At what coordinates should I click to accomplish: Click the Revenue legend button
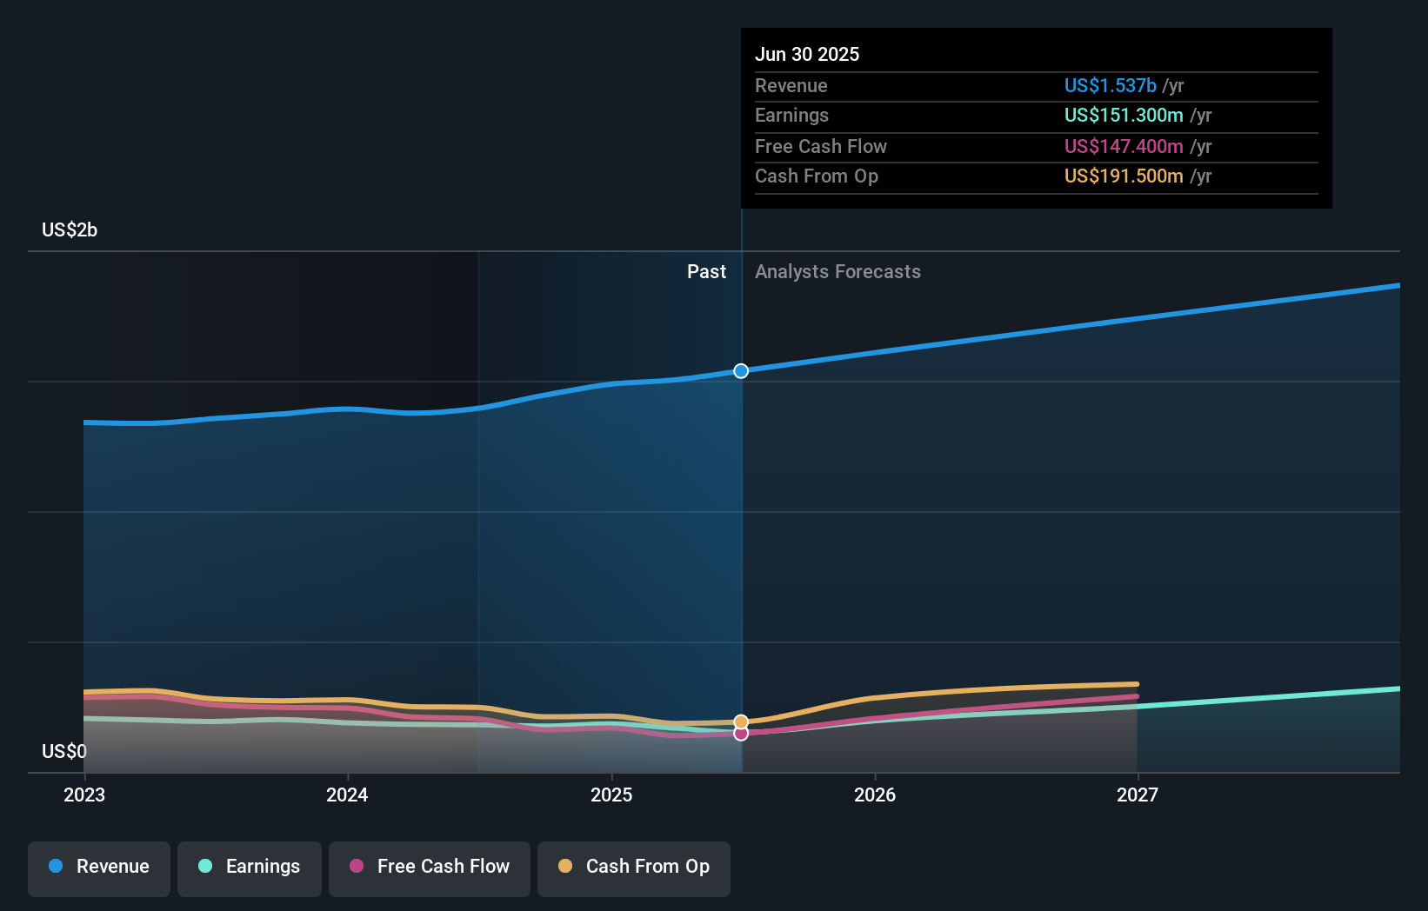click(99, 868)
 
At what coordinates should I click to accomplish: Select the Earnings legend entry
click(250, 868)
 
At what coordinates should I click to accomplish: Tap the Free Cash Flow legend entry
click(430, 868)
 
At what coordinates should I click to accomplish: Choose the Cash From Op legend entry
click(634, 868)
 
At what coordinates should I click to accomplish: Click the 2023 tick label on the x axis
click(84, 795)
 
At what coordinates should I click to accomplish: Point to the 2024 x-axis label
click(347, 795)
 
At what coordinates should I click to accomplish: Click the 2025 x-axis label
click(611, 795)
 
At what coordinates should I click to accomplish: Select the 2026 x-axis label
click(875, 795)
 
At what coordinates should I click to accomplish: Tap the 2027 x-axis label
click(1138, 795)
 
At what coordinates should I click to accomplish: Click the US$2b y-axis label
click(70, 230)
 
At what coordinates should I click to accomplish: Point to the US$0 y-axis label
click(64, 752)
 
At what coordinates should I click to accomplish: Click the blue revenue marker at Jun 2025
click(741, 371)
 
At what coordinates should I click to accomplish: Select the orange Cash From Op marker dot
click(741, 721)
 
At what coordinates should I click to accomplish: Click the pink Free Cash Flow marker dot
click(741, 735)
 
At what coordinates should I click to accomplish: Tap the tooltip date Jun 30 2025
click(807, 55)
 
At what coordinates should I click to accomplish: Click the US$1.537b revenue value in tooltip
click(1111, 86)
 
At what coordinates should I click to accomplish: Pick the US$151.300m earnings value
click(1124, 116)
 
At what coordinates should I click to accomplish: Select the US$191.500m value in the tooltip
click(1124, 176)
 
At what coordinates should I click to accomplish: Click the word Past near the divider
click(706, 272)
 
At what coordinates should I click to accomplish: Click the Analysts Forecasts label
click(837, 272)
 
